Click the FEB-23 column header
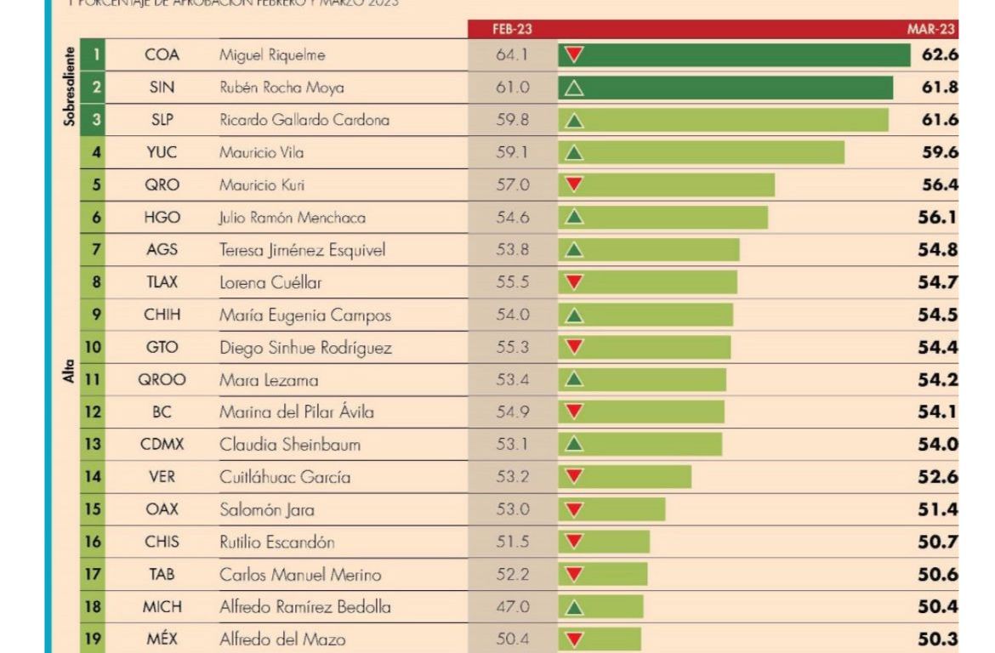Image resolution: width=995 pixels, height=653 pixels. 513,29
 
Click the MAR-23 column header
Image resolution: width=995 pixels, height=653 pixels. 931,29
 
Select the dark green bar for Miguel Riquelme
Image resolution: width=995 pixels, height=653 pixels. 734,55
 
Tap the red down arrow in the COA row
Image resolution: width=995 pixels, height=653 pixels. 575,55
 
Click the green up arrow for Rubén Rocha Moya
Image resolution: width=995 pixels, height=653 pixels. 575,88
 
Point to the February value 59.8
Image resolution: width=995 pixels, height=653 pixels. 512,120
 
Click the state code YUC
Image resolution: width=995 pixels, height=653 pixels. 162,152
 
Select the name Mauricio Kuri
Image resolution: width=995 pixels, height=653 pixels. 262,185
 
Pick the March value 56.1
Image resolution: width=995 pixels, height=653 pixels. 939,218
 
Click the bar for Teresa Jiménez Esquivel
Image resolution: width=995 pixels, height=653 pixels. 649,250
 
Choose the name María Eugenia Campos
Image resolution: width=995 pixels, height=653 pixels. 305,315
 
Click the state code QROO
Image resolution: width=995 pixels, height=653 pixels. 162,380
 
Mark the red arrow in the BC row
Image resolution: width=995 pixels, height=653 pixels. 575,412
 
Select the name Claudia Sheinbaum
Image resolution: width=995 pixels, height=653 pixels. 290,445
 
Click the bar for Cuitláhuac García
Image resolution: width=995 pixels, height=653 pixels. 625,477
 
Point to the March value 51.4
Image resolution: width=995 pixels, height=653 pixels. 939,509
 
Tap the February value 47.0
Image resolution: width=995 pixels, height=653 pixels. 512,607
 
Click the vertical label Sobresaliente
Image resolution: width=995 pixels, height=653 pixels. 70,85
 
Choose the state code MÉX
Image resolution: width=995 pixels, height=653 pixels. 162,639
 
